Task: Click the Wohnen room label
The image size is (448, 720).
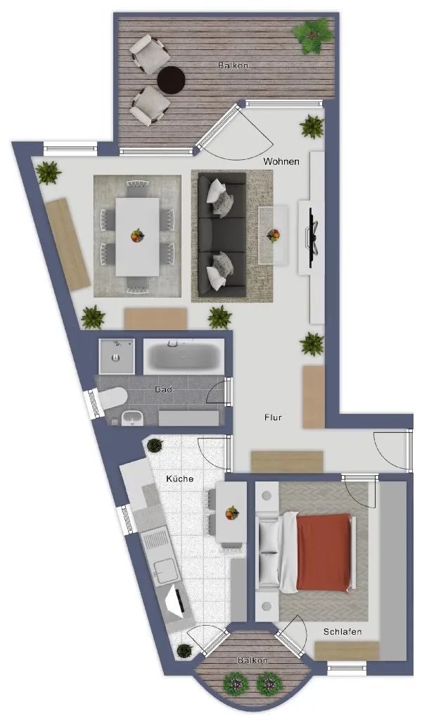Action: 281,162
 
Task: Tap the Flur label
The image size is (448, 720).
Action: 273,417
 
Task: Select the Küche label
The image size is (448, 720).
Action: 179,479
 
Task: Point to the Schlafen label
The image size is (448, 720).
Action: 343,632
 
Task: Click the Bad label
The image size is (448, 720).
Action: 163,389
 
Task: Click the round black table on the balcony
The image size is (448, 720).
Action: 171,80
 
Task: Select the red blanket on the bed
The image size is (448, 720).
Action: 323,553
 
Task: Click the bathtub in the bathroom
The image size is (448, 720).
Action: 184,357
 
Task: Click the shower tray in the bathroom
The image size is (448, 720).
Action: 117,357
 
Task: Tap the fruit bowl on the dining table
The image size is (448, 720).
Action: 137,236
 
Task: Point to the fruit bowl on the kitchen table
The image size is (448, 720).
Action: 232,512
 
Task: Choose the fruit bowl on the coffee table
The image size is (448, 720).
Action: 274,236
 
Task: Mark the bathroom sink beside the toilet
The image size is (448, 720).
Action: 132,418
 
